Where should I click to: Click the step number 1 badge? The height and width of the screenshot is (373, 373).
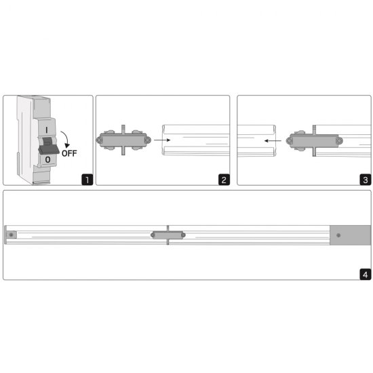coord(87,180)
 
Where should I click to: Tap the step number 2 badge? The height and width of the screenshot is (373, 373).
coord(224,180)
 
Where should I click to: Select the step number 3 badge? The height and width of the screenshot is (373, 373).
coord(366,180)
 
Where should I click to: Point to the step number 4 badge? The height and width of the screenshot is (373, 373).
coord(366,274)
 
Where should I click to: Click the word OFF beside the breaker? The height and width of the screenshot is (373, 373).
coord(69,153)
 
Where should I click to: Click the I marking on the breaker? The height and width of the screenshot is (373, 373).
coord(47,130)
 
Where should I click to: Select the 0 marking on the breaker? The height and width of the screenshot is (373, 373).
coord(47,159)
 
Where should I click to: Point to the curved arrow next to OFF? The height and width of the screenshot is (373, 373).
coord(66,138)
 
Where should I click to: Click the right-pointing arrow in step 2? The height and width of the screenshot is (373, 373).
coord(162,140)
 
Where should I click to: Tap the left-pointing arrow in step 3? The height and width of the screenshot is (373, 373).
coord(273,140)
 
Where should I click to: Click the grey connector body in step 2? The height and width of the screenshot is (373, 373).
coord(123,140)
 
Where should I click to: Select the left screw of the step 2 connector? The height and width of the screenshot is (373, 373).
coord(100,140)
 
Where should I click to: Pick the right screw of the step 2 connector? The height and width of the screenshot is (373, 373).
coord(148,140)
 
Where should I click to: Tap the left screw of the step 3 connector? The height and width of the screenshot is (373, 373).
coord(290,141)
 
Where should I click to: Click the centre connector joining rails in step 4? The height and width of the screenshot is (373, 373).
coord(168,235)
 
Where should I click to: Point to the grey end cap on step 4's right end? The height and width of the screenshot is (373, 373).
coord(350,235)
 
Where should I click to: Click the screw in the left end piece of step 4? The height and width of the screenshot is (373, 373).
coord(11,235)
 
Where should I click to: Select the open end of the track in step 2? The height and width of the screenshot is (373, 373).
coord(163,140)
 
